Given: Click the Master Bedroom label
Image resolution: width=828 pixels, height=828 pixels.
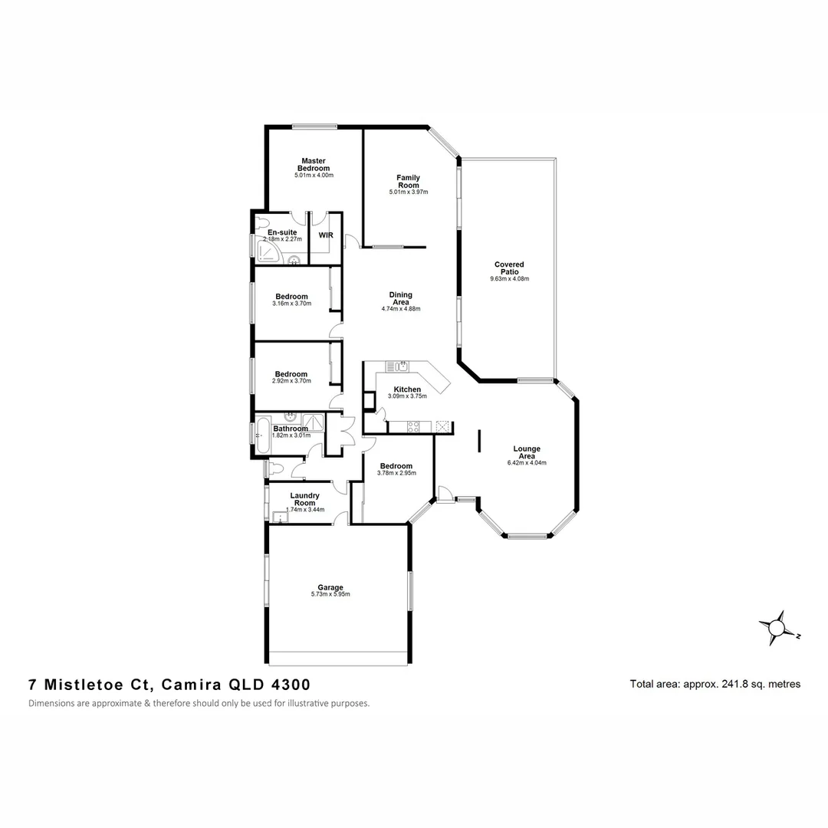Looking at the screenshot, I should [314, 164].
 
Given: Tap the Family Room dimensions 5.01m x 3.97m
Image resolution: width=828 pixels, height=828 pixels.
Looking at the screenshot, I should [408, 192].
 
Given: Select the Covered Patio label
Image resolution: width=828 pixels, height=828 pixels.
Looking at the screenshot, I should [509, 268].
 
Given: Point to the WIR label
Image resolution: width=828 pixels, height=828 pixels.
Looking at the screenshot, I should [325, 235].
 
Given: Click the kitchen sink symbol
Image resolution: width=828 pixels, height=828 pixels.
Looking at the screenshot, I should [399, 366].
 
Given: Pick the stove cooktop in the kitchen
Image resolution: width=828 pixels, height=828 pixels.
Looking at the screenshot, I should [413, 427].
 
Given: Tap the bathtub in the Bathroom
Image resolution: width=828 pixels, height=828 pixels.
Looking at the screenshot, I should [262, 435].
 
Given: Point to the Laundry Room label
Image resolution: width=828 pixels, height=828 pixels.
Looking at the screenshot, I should [304, 499].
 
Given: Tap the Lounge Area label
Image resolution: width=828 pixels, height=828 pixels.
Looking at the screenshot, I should [527, 452].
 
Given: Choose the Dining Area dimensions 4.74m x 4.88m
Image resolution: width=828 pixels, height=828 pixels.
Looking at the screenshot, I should [401, 309].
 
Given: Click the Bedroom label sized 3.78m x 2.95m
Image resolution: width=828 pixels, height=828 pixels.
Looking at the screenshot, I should [396, 465].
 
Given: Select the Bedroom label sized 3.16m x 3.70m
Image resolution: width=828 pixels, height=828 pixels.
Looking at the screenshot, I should [291, 297].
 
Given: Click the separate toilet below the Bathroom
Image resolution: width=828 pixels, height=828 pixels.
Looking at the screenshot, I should [275, 467].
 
